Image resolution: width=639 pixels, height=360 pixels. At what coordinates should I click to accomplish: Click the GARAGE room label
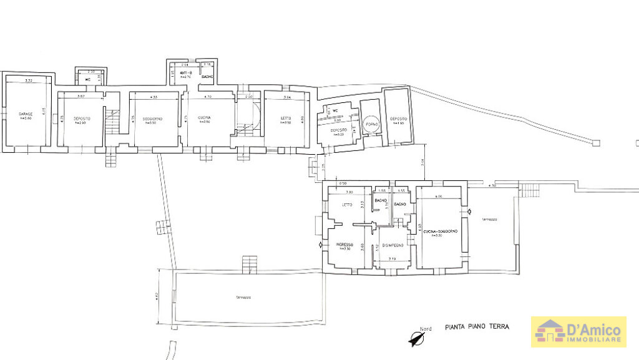26,114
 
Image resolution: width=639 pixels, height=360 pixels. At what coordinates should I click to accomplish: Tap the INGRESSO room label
345,243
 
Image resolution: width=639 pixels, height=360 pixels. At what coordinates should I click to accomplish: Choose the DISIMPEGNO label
394,245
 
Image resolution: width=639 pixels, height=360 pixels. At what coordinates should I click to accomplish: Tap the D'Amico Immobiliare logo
577,331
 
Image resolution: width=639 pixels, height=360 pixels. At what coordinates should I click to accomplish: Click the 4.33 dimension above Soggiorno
154,97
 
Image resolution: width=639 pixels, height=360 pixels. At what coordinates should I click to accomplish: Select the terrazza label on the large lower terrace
243,297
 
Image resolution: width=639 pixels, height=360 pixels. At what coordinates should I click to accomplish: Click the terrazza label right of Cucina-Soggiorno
490,220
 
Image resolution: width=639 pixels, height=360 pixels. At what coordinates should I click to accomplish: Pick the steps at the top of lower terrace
250,263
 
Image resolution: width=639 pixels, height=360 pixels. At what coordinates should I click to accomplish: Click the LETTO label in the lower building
348,205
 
